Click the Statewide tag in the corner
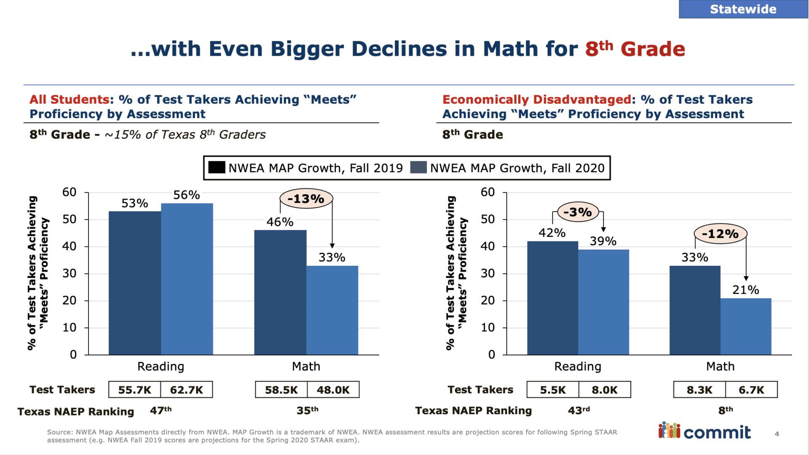point(743,9)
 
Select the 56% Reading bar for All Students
point(187,279)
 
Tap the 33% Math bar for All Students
point(332,310)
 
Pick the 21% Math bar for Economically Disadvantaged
point(745,327)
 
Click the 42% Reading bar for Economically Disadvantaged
point(552,298)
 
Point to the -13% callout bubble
point(306,199)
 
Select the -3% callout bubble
point(578,212)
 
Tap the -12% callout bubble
point(721,234)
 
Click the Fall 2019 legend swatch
point(217,168)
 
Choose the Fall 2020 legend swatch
point(418,168)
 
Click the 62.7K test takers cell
point(186,390)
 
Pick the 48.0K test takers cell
point(333,390)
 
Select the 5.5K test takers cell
point(552,390)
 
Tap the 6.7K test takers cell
point(751,390)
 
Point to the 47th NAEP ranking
point(161,410)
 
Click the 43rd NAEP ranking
point(579,410)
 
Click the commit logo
point(705,431)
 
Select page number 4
point(777,434)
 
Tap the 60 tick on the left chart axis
point(70,193)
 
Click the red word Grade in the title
point(653,49)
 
